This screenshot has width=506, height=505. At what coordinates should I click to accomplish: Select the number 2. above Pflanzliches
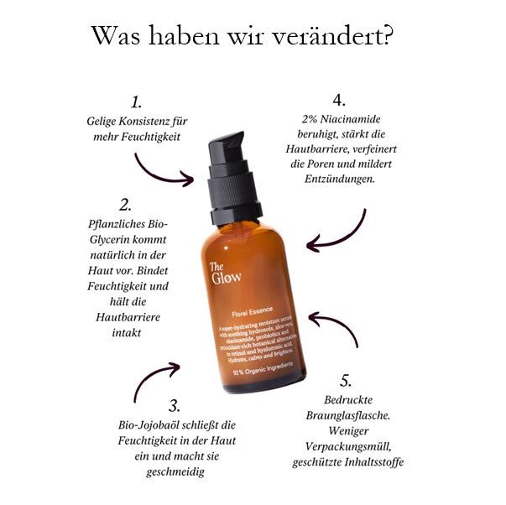coord(126,205)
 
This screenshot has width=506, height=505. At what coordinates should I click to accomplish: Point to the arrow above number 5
coord(336,329)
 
